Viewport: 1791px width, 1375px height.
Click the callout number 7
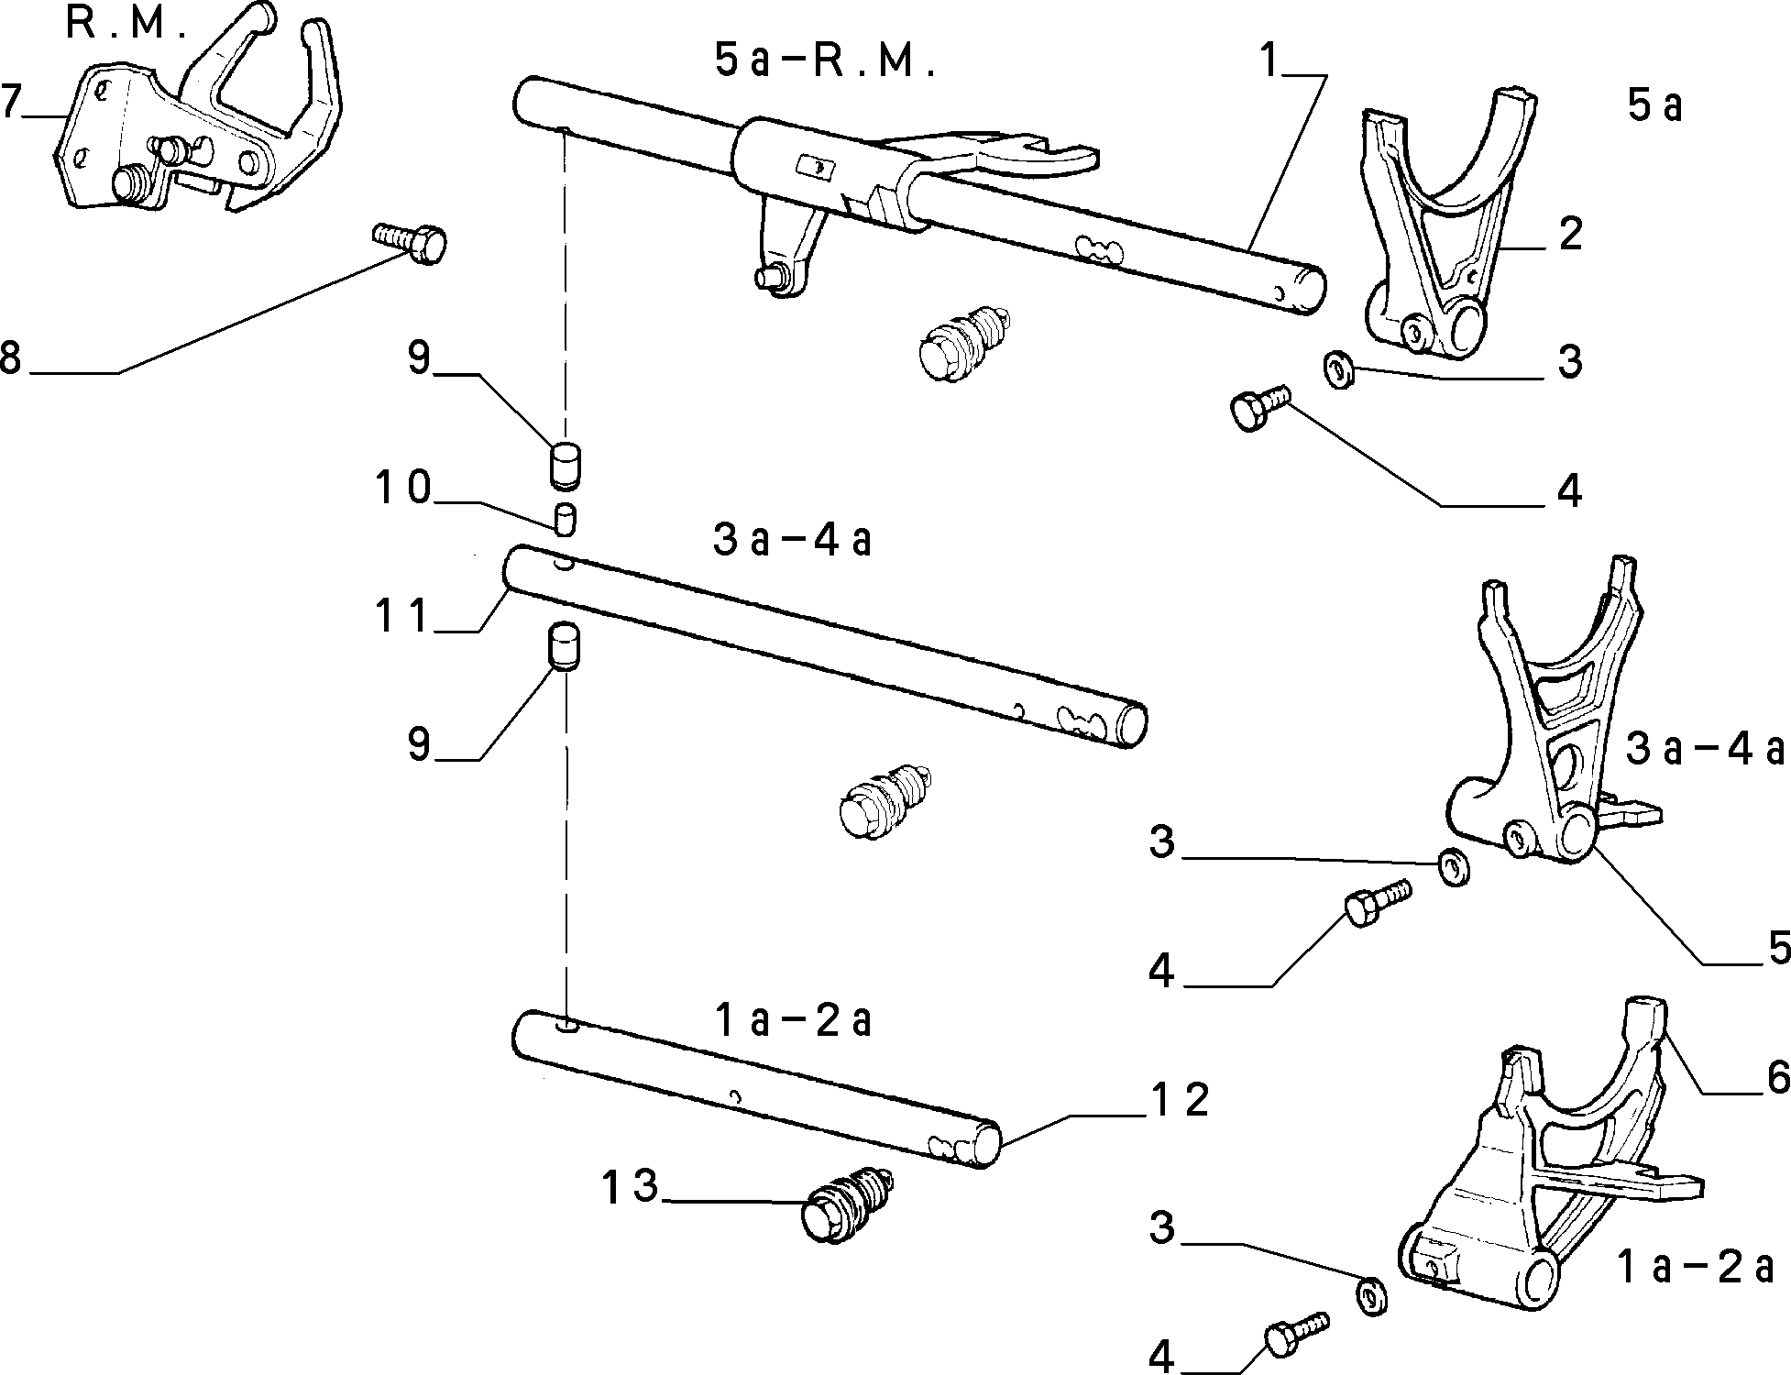pos(10,102)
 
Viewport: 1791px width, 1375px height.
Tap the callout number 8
pos(10,357)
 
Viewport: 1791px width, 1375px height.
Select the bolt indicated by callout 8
pos(410,242)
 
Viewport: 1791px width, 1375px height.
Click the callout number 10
pos(402,488)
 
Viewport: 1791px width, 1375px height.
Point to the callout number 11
pos(402,615)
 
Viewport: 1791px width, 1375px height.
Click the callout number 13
pos(631,1186)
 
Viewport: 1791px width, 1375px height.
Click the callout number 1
pos(1269,61)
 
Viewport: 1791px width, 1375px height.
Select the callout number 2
pos(1569,234)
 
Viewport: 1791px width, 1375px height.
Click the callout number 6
pos(1777,1077)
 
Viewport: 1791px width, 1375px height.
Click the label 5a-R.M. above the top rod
pos(824,61)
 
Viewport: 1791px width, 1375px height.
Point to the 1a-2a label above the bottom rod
pos(792,1020)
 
